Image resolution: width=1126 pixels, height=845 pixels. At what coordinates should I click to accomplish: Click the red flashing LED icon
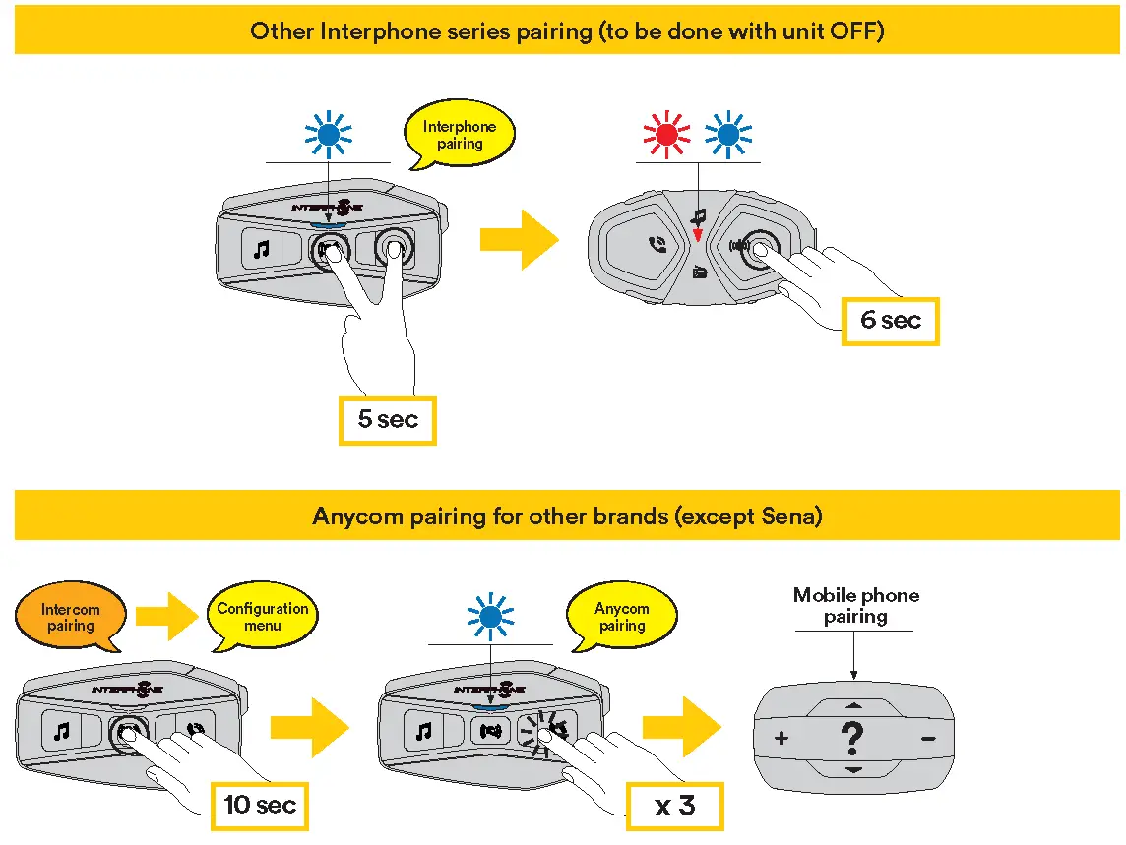click(667, 137)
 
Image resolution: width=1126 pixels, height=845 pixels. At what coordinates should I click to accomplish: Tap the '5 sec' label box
click(388, 420)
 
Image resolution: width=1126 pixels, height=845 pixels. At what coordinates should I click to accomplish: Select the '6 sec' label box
click(890, 321)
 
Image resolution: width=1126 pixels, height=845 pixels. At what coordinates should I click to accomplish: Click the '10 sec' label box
click(260, 806)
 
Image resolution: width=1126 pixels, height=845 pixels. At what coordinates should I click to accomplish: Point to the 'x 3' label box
click(675, 806)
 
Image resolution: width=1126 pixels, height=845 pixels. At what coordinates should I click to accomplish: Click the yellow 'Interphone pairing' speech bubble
click(460, 135)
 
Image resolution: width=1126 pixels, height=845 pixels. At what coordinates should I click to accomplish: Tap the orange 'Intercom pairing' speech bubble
click(71, 617)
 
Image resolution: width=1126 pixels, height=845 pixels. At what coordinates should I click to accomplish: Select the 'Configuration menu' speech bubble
click(263, 617)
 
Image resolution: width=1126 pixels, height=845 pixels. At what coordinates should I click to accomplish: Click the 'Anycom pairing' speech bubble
click(622, 617)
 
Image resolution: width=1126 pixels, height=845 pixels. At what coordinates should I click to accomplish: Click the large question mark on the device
click(853, 738)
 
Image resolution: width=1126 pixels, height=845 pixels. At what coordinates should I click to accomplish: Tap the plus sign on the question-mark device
click(781, 738)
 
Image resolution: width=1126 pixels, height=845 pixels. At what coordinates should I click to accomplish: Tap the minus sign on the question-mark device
click(927, 738)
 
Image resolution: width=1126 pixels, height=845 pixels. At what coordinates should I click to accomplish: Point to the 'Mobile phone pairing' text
click(855, 606)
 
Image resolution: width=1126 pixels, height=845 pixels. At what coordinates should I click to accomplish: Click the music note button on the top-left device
click(261, 250)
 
